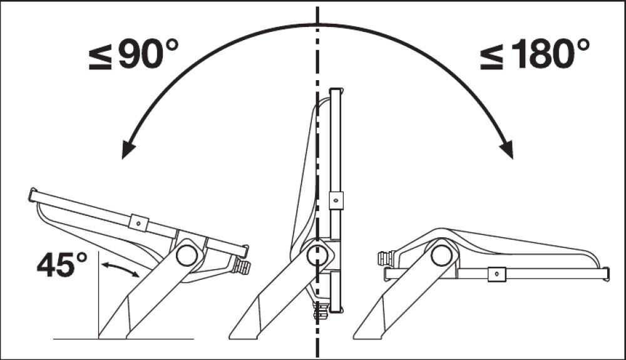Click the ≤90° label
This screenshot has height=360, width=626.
point(133,54)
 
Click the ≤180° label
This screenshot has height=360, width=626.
point(535,54)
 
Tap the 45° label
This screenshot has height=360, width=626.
point(62,265)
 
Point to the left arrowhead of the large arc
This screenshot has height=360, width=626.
point(128,149)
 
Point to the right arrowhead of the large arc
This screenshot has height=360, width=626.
point(507,149)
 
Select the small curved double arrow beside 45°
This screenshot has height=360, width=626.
point(120,268)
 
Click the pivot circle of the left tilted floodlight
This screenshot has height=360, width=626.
point(187,255)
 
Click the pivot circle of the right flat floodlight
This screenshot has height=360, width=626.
point(441,255)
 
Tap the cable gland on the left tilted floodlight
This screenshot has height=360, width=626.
point(242,267)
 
